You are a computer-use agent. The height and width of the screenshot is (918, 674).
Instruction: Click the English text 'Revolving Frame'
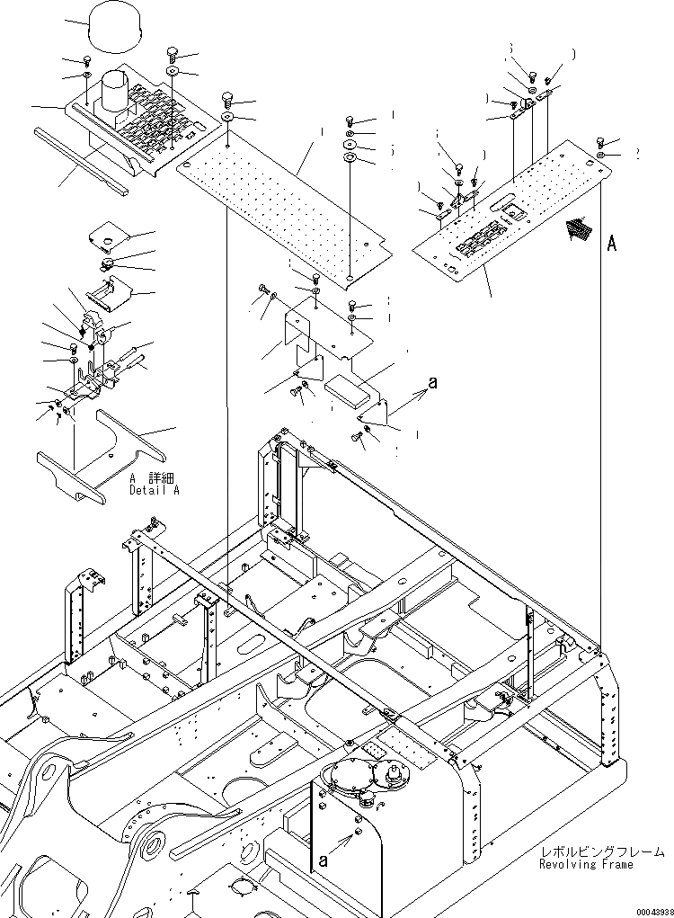tap(585, 864)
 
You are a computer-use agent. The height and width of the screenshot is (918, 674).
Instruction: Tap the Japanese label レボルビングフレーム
tap(601, 851)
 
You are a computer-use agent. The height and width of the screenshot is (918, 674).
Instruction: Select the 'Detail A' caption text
tap(154, 491)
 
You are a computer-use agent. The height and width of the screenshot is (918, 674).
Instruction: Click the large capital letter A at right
tap(612, 243)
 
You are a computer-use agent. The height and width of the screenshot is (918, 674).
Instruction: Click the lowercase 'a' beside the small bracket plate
tap(432, 383)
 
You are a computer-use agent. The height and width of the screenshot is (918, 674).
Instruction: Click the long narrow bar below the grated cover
tap(82, 160)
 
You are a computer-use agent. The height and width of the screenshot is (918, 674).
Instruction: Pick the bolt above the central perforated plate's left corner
tap(226, 98)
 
